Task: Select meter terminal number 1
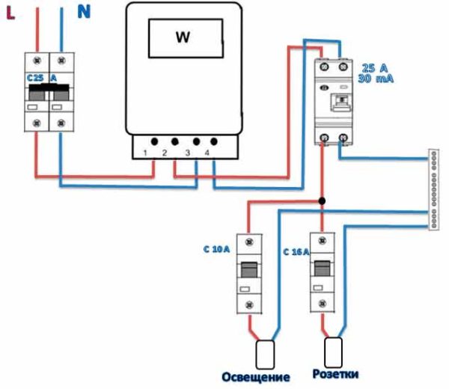coord(146,153)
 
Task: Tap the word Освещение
coord(255,376)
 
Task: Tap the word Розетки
coord(335,373)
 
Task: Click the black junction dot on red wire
coord(322,201)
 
